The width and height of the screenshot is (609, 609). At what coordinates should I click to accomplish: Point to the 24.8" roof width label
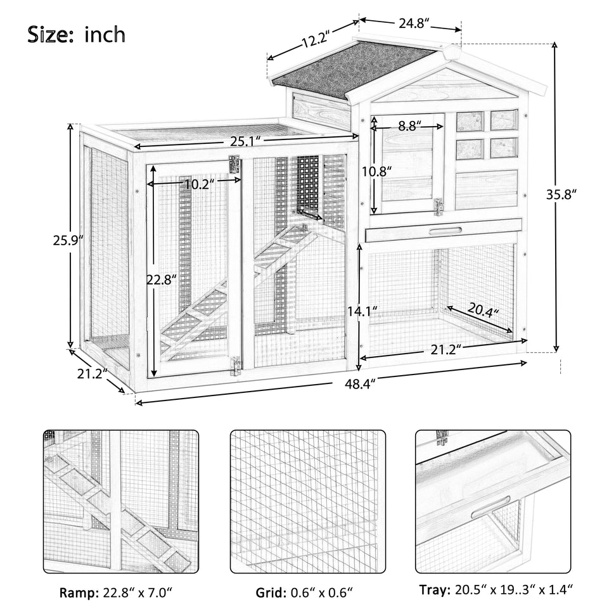click(x=414, y=24)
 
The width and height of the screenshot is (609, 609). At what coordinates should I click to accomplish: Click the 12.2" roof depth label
click(x=316, y=42)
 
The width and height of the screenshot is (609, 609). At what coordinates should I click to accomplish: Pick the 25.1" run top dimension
click(x=244, y=139)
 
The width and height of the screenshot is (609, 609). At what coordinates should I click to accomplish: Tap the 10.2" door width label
click(x=196, y=184)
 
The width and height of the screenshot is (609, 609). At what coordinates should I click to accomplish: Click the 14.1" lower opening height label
click(x=362, y=311)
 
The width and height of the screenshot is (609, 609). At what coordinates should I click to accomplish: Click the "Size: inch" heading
click(x=76, y=35)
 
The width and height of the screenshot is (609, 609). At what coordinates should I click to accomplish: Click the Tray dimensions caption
click(x=496, y=591)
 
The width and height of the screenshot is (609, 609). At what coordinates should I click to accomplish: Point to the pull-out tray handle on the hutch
click(x=442, y=231)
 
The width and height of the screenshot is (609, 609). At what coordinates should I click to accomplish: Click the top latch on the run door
click(x=234, y=165)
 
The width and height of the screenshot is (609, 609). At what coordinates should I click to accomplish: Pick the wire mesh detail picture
click(x=307, y=502)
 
